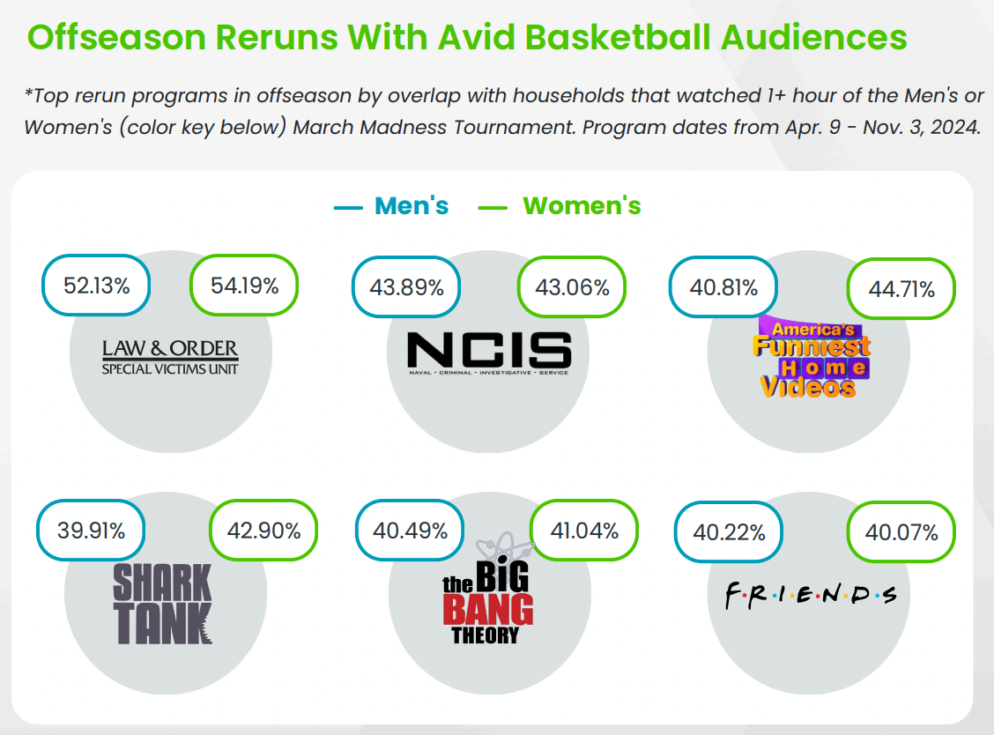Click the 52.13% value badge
96,286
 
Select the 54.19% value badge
244,286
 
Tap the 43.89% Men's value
406,287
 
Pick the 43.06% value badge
572,287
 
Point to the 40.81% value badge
723,287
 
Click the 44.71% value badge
901,289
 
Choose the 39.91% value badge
92,531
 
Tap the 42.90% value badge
263,531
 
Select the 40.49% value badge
410,531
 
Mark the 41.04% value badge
584,531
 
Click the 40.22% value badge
729,532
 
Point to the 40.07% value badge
901,532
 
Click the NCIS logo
489,353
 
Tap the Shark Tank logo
162,605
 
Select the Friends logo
811,596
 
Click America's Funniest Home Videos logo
812,358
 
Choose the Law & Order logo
171,358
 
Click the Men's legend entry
391,206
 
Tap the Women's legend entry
559,206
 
